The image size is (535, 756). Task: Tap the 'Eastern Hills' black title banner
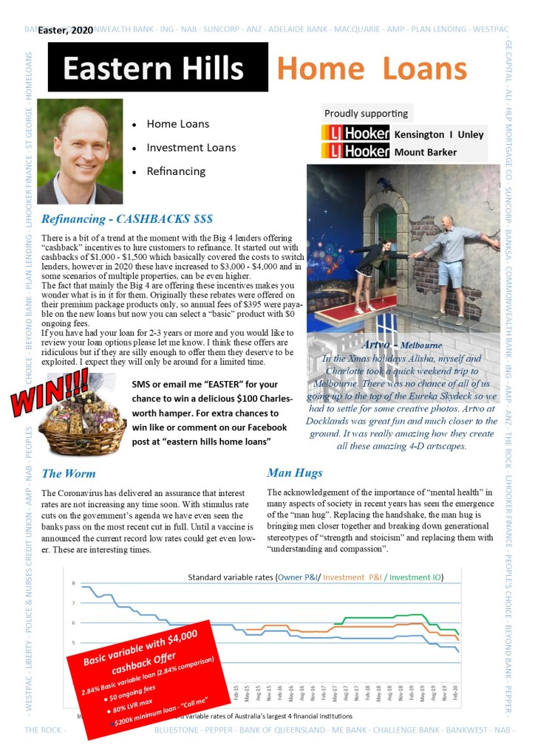pos(157,68)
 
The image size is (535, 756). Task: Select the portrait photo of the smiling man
pos(80,151)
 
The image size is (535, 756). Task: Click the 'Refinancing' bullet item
pos(176,171)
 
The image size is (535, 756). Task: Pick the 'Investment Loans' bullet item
pos(191,148)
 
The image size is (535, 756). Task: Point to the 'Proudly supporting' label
pos(366,114)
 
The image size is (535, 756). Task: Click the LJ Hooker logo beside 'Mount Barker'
pos(355,152)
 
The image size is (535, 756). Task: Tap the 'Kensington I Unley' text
pos(439,134)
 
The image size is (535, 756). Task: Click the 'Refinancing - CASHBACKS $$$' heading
pos(127,219)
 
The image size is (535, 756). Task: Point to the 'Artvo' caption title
pos(379,345)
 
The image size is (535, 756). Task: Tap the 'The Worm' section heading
pos(69,473)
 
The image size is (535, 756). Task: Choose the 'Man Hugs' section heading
pos(295,472)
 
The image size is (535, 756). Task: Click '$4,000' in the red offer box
pos(180,634)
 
